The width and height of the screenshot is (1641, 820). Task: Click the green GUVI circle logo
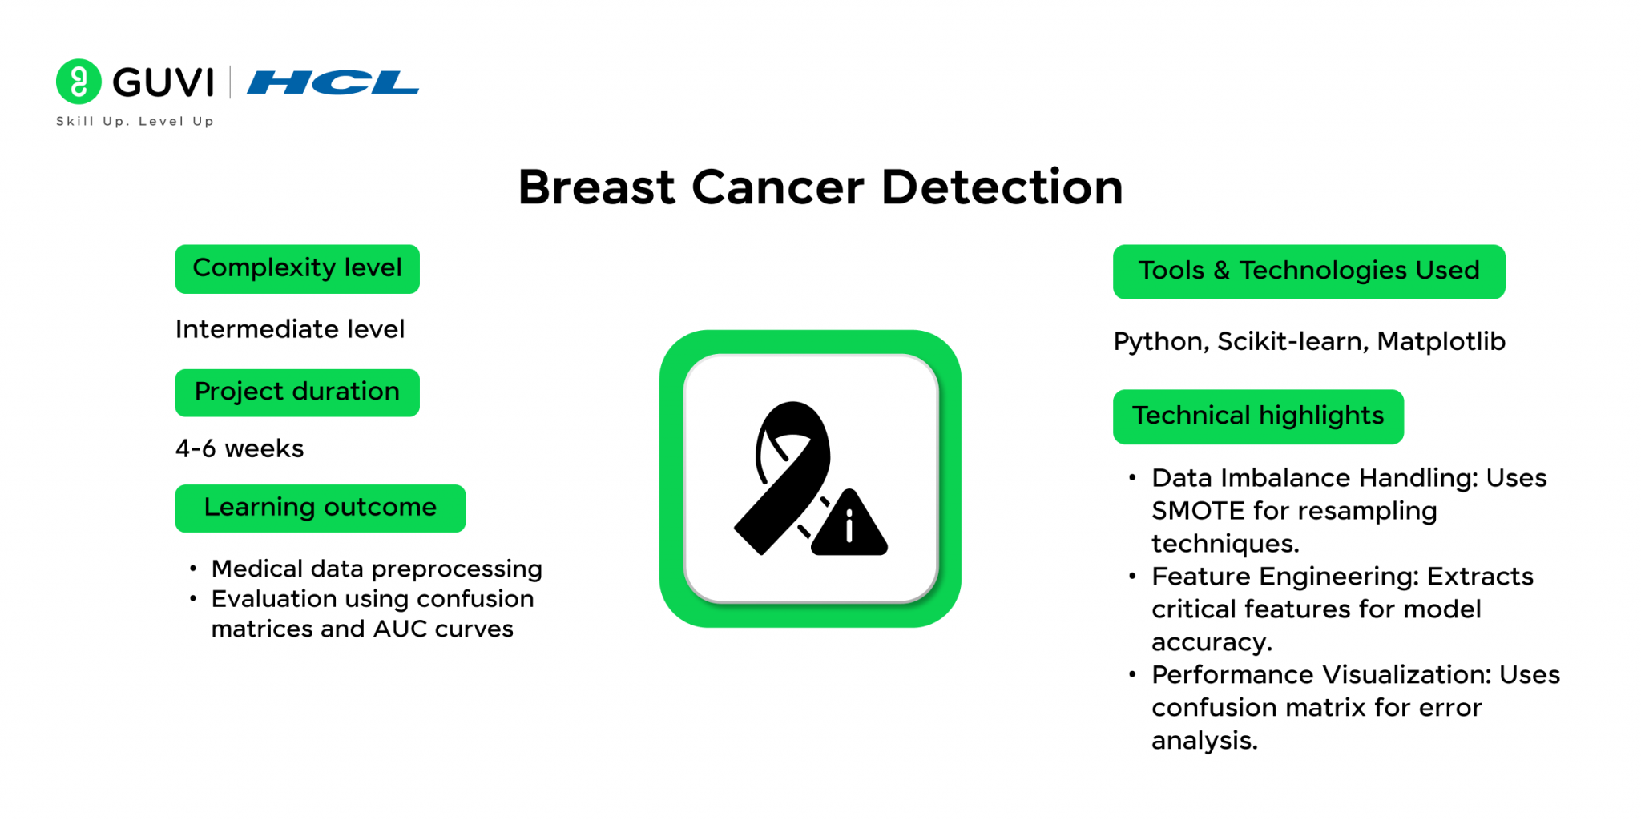click(x=79, y=82)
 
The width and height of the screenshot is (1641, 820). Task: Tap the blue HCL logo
click(x=333, y=82)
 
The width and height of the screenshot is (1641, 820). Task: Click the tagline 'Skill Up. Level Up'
click(x=135, y=121)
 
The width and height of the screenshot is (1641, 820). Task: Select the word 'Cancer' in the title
click(x=777, y=187)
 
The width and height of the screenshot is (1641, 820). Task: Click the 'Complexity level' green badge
click(x=297, y=269)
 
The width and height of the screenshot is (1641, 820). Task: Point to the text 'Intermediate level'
click(x=290, y=329)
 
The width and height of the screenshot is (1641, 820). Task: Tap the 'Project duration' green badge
click(x=297, y=392)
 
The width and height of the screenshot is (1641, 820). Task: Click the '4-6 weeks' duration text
click(x=240, y=448)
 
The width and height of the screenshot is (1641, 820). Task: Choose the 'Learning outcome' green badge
click(x=321, y=508)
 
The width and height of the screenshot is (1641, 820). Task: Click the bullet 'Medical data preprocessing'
click(x=377, y=569)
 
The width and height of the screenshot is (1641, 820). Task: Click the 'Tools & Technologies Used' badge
click(x=1309, y=272)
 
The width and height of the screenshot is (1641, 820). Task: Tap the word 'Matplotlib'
click(x=1441, y=342)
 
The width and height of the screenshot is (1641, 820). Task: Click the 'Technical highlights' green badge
click(x=1258, y=416)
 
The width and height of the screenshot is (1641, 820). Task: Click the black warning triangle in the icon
click(x=849, y=523)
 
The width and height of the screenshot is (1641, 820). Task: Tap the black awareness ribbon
click(x=783, y=478)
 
